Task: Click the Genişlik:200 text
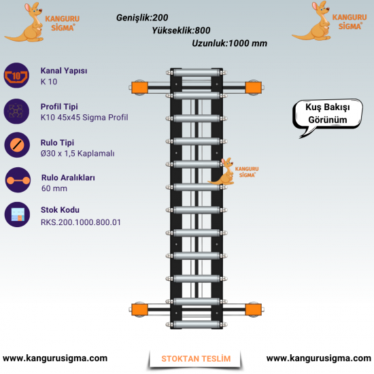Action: tap(142, 18)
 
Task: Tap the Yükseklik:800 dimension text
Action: tap(181, 31)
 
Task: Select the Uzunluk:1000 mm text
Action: tap(229, 44)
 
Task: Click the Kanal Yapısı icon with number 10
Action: tap(16, 75)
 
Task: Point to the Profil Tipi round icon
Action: tap(16, 111)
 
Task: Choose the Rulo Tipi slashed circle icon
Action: tap(17, 145)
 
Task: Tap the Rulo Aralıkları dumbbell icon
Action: tap(18, 180)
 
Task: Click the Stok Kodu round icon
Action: tap(17, 214)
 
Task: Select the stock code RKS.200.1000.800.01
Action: tap(81, 222)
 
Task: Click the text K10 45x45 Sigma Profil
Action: tap(84, 118)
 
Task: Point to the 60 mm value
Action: tap(54, 188)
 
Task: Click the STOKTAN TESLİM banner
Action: tap(196, 359)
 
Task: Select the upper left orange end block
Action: tap(140, 88)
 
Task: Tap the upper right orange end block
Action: tap(254, 88)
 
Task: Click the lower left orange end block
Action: tap(140, 309)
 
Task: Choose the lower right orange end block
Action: tap(254, 309)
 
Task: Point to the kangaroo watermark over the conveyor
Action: tap(222, 171)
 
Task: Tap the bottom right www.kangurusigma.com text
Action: tap(319, 358)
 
